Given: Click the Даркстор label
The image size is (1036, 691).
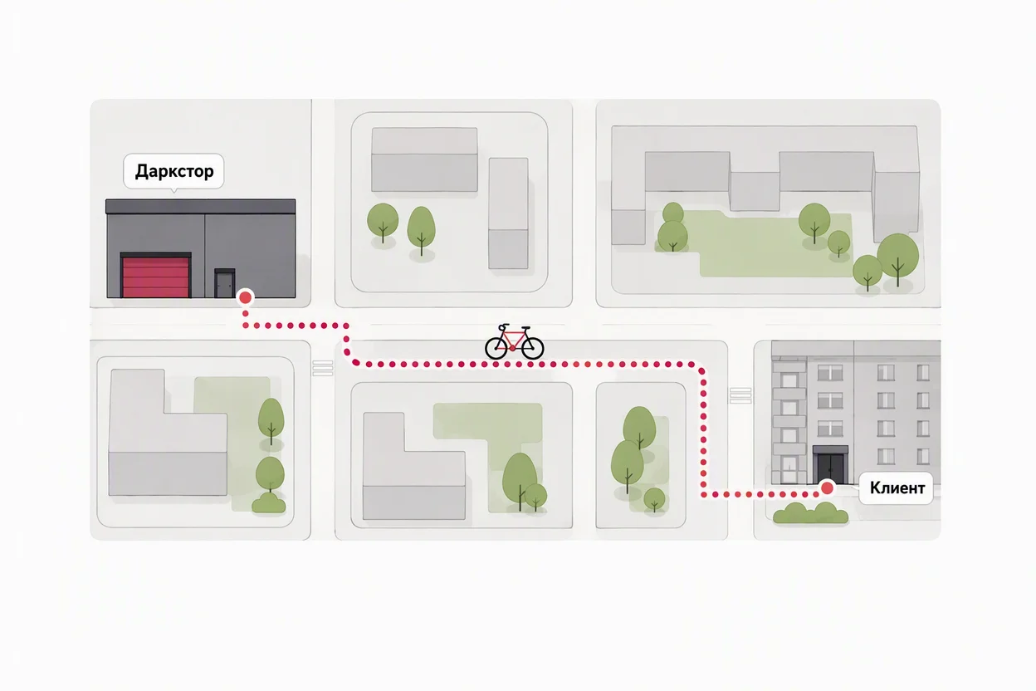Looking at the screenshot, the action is tap(174, 171).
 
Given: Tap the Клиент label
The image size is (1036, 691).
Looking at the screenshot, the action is tap(897, 488).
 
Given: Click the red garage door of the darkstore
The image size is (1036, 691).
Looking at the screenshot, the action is tap(156, 277).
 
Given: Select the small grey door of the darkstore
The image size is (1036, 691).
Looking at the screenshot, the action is tap(224, 283).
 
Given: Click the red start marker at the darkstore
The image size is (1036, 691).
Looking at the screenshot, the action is tap(245, 297).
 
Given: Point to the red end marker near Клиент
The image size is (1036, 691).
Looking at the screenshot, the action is tap(827, 488).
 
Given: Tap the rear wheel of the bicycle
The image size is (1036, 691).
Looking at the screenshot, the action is tap(496, 347).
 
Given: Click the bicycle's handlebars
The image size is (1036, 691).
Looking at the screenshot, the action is tap(525, 328).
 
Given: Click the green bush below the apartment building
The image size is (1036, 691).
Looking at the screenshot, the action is tap(811, 513).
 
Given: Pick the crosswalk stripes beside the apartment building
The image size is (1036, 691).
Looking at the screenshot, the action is tap(740, 395).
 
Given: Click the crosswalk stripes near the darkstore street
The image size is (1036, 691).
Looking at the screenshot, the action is tap(323, 369).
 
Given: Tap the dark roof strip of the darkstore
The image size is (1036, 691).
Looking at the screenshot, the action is tap(201, 207).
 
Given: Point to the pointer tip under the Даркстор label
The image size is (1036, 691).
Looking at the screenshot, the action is tap(173, 192).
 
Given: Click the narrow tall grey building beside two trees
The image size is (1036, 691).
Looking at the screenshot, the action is tap(508, 213).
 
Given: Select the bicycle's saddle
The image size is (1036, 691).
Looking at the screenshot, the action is tap(504, 326).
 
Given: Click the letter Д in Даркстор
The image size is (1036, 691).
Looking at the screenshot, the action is tap(141, 172).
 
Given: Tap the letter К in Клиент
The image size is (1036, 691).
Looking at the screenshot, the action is tap(875, 488).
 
